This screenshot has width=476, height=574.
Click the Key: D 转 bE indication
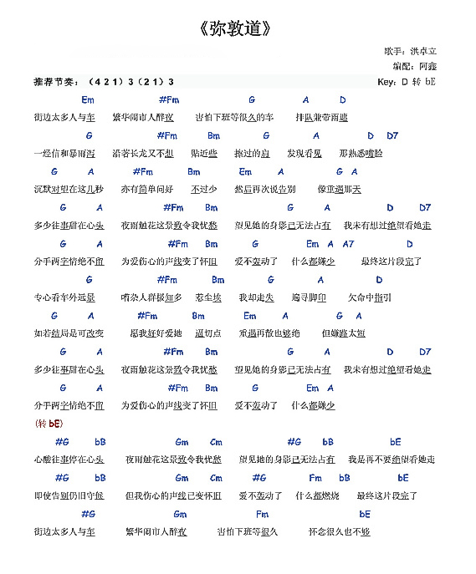click(407, 82)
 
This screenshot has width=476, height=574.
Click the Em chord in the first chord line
click(88, 100)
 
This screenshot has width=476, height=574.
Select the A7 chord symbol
click(348, 244)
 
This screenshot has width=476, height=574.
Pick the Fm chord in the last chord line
click(262, 514)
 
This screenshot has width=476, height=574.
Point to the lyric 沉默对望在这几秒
click(69, 190)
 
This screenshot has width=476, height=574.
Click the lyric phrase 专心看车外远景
click(64, 297)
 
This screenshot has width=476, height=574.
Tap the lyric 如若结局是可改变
click(69, 333)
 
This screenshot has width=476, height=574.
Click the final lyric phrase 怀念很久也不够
click(339, 531)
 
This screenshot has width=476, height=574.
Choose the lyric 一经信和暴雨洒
click(64, 154)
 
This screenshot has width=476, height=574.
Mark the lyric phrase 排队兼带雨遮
click(322, 118)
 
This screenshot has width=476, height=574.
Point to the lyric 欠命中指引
click(369, 297)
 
